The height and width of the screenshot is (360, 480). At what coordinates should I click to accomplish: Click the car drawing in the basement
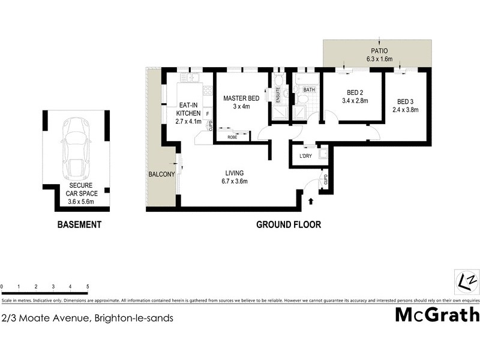tap(74, 146)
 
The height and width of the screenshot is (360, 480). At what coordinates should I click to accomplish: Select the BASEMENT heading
tap(79, 225)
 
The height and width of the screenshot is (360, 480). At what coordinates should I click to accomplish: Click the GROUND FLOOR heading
tap(289, 225)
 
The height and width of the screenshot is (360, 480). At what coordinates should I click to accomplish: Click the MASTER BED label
tap(241, 98)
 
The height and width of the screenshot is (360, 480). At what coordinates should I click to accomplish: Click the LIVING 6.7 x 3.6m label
tap(234, 176)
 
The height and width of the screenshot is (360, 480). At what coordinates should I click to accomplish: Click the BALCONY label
tap(161, 175)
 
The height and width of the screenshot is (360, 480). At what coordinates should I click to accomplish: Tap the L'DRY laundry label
tap(305, 157)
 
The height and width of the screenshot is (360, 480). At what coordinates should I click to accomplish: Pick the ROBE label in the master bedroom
tap(231, 137)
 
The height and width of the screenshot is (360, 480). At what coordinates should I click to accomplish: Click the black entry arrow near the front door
tap(310, 202)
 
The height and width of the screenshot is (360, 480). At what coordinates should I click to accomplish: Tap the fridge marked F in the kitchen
tap(207, 113)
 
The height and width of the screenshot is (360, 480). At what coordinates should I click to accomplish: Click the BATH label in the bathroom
tap(308, 91)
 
